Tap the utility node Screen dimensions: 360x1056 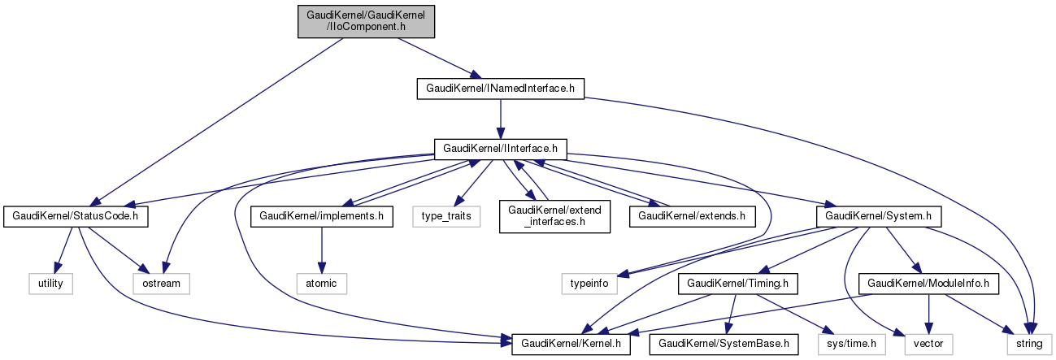coord(50,284)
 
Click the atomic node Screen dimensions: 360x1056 coord(323,284)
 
